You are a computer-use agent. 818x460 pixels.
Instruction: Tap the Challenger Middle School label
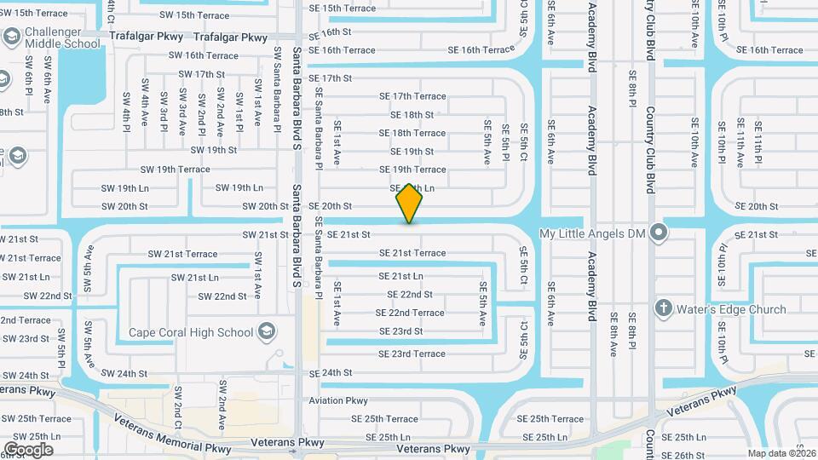tap(62, 38)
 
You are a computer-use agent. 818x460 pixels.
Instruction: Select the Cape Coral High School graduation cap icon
tap(267, 331)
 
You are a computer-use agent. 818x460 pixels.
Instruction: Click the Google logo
tap(27, 449)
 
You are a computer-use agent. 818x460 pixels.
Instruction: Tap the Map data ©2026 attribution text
tap(780, 453)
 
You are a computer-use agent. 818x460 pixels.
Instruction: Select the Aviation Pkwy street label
tap(338, 400)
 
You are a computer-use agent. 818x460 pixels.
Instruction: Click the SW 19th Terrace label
tap(175, 170)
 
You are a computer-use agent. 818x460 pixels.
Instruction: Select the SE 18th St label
tap(412, 114)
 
